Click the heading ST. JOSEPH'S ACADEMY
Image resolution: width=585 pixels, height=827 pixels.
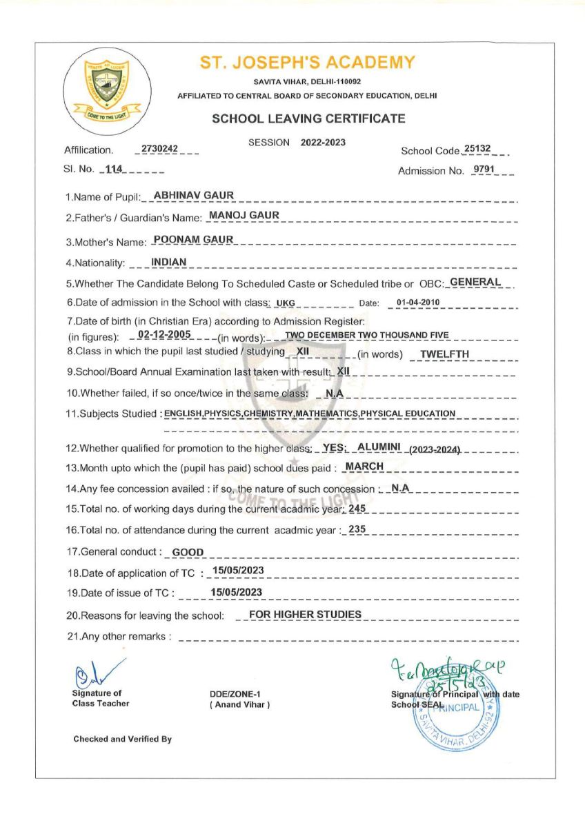point(308,63)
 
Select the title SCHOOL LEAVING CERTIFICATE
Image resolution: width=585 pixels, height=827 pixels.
point(308,119)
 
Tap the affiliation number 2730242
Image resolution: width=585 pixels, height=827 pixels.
point(159,149)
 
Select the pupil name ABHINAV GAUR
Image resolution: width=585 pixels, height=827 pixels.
point(194,196)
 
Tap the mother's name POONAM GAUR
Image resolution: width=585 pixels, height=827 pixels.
point(194,239)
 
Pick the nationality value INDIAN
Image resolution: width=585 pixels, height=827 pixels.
point(169,262)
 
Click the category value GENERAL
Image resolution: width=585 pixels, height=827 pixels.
point(475,282)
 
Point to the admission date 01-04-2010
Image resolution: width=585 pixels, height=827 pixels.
point(419,303)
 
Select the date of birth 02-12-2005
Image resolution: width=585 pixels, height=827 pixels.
point(163,334)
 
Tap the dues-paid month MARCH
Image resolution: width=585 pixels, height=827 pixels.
point(364,467)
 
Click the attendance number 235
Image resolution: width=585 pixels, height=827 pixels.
point(357,529)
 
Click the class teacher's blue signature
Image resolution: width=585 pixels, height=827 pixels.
point(90,672)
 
